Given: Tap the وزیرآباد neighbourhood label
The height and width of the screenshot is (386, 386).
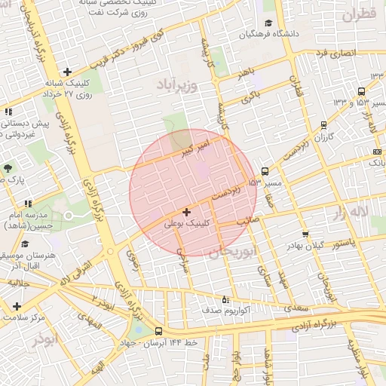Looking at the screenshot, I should tap(177, 85).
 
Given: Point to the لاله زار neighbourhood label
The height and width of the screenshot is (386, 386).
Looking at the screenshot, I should tap(348, 213).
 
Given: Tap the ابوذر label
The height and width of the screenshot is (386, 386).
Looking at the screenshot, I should tap(44, 339).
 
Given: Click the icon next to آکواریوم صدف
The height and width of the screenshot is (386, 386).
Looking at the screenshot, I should tap(225, 299).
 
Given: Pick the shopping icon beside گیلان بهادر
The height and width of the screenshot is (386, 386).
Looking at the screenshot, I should tap(305, 234).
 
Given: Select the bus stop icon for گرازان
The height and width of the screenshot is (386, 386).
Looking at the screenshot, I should tap(323, 126).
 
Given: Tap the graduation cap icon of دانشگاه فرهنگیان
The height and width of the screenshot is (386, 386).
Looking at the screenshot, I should tap(269, 24).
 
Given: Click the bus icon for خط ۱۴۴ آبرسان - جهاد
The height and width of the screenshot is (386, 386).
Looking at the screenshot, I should tap(158, 332).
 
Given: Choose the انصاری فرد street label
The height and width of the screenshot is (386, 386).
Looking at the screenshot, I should tap(335, 54).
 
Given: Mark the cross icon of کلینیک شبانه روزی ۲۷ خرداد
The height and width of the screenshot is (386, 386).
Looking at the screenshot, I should tap(68, 72).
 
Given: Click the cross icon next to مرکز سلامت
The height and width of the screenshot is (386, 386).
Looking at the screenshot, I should tap(17, 306).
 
